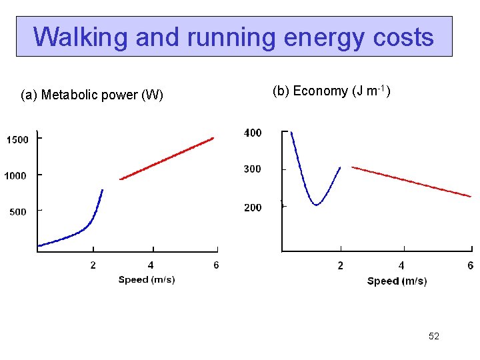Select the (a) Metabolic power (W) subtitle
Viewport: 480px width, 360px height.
pyautogui.click(x=92, y=95)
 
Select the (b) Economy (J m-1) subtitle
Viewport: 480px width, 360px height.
pyautogui.click(x=331, y=91)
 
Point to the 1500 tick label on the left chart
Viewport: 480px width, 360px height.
pyautogui.click(x=17, y=140)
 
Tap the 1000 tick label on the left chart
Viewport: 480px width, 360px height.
pyautogui.click(x=17, y=176)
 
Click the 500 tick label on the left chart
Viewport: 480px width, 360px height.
pyautogui.click(x=17, y=212)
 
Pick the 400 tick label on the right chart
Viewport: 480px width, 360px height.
pyautogui.click(x=253, y=133)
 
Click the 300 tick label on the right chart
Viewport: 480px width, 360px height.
pyautogui.click(x=253, y=169)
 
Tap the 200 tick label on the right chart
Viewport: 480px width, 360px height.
pyautogui.click(x=253, y=208)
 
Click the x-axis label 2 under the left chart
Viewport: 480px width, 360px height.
pyautogui.click(x=93, y=265)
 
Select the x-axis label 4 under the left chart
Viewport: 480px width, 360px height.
pyautogui.click(x=151, y=265)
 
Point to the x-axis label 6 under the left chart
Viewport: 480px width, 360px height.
pyautogui.click(x=216, y=265)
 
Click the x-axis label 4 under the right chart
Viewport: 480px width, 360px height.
pyautogui.click(x=401, y=266)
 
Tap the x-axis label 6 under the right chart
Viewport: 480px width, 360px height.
pyautogui.click(x=471, y=266)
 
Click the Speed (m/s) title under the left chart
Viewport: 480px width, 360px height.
pyautogui.click(x=147, y=280)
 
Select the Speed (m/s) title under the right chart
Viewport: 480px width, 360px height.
pyautogui.click(x=397, y=281)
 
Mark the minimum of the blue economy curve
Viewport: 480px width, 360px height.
pyautogui.click(x=317, y=205)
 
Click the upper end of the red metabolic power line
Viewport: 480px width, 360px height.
pyautogui.click(x=213, y=138)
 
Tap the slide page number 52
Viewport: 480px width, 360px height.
pyautogui.click(x=434, y=337)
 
